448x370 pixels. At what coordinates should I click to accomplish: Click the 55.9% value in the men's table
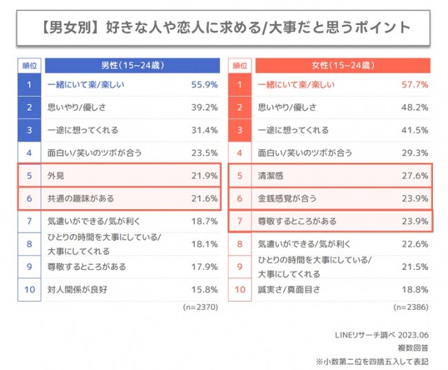click(x=205, y=86)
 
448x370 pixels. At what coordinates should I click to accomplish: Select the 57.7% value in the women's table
click(x=415, y=86)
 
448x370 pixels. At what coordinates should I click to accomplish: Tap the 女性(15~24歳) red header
click(x=343, y=66)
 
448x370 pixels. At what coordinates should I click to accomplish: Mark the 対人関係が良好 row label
click(x=79, y=289)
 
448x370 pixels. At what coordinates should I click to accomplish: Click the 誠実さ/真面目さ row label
click(x=289, y=289)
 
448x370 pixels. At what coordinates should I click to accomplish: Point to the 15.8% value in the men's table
click(x=205, y=289)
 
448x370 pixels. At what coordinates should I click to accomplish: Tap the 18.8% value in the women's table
click(x=415, y=289)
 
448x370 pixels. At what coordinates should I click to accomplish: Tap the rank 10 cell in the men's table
click(x=29, y=289)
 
